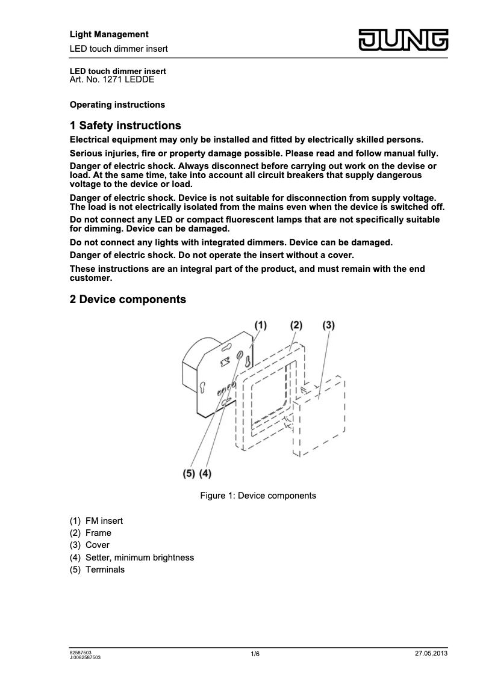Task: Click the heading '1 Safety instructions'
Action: coord(125,126)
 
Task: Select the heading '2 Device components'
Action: coord(128,299)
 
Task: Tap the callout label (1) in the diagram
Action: coord(260,325)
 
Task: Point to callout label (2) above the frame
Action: coord(296,325)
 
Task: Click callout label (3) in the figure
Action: coord(328,325)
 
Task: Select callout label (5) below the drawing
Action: coord(189,473)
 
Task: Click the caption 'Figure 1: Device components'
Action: coord(258,496)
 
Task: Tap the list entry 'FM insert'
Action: coord(104,520)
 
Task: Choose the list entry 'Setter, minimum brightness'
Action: coord(140,558)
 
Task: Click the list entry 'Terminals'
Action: coord(105,570)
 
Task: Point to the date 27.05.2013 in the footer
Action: coord(431,653)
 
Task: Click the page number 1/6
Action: coord(255,654)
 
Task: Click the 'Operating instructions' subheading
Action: coord(117,105)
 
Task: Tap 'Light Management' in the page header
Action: coord(109,34)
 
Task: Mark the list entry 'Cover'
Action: coord(98,545)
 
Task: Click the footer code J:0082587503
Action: coord(85,658)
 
